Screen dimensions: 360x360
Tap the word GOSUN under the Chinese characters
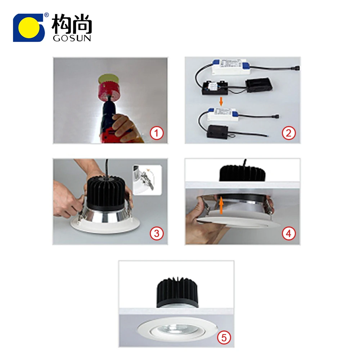click(72, 38)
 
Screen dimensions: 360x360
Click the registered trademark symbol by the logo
click(46, 15)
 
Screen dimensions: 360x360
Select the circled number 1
click(157, 133)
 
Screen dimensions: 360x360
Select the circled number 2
click(288, 133)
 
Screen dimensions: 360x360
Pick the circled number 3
click(157, 234)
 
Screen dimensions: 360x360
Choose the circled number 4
click(288, 234)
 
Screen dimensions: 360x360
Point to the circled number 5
click(224, 337)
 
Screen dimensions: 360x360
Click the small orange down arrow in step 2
click(221, 102)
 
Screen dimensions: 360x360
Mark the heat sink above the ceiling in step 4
click(242, 173)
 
